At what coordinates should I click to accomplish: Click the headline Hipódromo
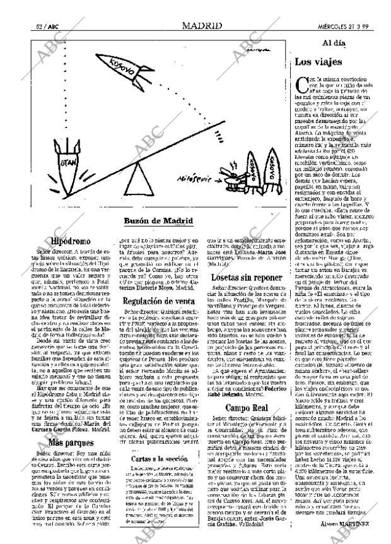(71, 240)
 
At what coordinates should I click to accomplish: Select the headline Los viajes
(318, 62)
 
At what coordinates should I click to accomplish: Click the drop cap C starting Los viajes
(301, 83)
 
